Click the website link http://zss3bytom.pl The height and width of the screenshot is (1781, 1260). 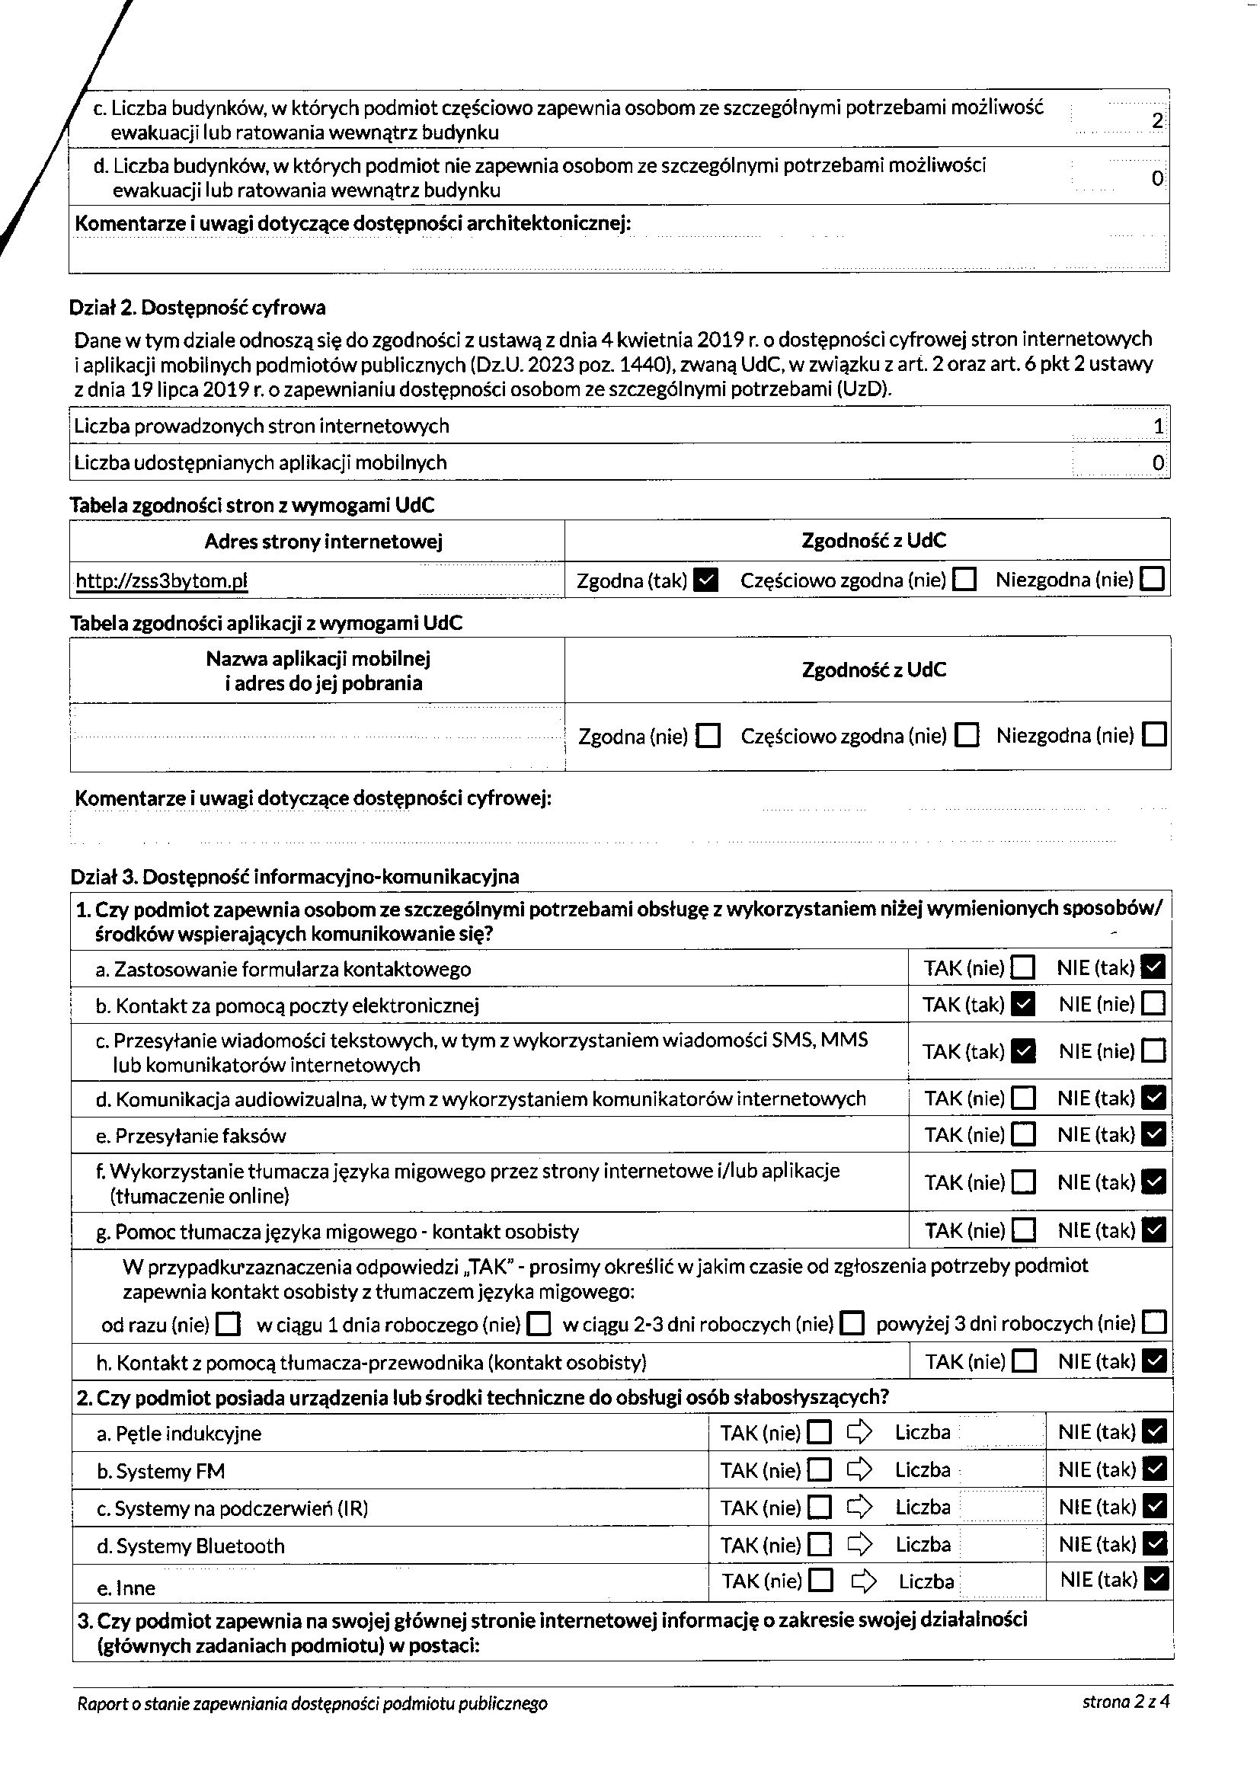pyautogui.click(x=161, y=581)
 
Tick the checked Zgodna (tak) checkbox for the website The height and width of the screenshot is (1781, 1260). pyautogui.click(x=706, y=580)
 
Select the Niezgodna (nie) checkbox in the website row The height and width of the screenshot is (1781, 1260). pyautogui.click(x=1153, y=580)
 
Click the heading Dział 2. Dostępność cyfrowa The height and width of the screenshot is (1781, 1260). pyautogui.click(x=198, y=308)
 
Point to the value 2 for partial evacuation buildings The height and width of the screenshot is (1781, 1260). pyautogui.click(x=1157, y=121)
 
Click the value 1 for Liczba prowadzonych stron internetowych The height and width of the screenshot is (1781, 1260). pyautogui.click(x=1159, y=426)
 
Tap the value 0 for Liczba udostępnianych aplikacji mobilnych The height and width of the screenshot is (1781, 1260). pyautogui.click(x=1158, y=463)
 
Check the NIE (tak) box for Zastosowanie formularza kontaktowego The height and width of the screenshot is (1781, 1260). pyautogui.click(x=1154, y=967)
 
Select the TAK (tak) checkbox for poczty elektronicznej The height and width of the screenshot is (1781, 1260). pyautogui.click(x=1024, y=1005)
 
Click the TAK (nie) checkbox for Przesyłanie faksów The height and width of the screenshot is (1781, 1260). pyautogui.click(x=1024, y=1135)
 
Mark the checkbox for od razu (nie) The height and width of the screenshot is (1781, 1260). pyautogui.click(x=228, y=1323)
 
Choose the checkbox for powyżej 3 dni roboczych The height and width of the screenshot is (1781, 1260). pyautogui.click(x=1154, y=1322)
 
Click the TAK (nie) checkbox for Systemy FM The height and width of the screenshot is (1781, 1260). pyautogui.click(x=820, y=1469)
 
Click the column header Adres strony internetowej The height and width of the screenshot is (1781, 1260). pyautogui.click(x=324, y=542)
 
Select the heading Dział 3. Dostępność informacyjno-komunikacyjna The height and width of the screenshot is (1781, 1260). pyautogui.click(x=295, y=877)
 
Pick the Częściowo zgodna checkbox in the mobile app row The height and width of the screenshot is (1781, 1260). pyautogui.click(x=967, y=734)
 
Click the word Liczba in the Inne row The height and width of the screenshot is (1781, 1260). pyautogui.click(x=926, y=1581)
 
